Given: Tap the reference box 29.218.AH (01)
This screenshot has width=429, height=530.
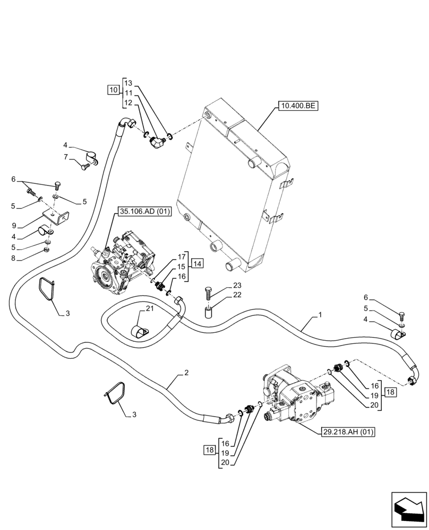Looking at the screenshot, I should [348, 432].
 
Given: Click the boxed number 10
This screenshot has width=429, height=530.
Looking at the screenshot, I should [114, 90].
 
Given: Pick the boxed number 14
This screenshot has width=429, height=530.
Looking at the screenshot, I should [196, 263].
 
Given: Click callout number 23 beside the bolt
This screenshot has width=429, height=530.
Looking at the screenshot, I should [237, 286].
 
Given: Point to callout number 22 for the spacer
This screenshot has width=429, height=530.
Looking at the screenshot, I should [237, 295].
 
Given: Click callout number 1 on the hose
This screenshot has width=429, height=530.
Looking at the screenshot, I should [320, 315].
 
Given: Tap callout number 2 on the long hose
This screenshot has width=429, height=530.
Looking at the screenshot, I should [186, 373].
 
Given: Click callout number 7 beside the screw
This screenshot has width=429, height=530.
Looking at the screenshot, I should [65, 157].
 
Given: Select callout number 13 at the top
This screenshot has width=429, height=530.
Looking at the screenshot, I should [128, 83].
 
